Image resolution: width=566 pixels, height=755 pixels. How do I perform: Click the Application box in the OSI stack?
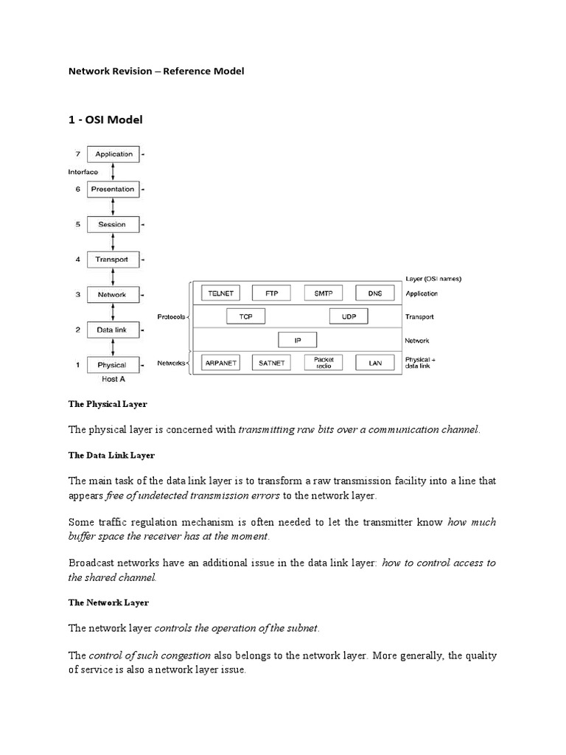tap(112, 154)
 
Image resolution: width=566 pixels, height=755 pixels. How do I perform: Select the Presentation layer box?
tap(112, 189)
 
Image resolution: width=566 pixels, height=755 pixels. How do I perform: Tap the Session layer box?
tap(112, 224)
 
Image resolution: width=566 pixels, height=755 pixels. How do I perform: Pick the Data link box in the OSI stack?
tap(112, 330)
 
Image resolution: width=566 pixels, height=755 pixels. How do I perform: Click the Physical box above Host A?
tap(112, 365)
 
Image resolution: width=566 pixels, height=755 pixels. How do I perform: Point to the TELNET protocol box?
tap(221, 293)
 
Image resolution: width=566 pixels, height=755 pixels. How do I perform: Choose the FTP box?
tap(272, 293)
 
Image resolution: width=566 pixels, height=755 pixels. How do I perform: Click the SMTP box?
tap(324, 293)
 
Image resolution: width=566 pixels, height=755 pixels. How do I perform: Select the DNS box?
tap(375, 293)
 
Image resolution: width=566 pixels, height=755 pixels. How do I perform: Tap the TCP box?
tap(246, 316)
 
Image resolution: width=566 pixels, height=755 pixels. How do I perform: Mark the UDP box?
tap(349, 316)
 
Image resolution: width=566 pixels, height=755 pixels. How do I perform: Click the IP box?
tap(298, 340)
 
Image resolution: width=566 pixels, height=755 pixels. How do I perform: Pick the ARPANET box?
tap(221, 363)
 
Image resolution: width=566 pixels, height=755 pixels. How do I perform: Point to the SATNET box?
tap(272, 363)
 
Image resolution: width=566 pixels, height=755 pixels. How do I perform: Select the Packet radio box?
tap(324, 363)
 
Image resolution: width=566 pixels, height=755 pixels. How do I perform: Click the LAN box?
tap(375, 363)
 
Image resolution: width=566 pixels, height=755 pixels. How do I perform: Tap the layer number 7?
tap(77, 154)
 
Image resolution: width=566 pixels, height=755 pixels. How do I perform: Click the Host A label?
tap(113, 380)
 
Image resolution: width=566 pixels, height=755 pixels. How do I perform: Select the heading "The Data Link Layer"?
tap(111, 456)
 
